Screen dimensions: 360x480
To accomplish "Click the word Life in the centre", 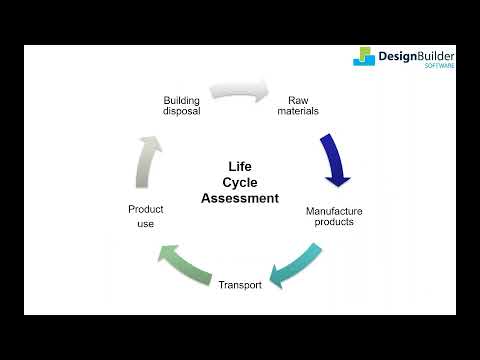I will (240, 166).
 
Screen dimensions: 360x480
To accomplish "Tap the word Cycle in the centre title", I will (240, 182).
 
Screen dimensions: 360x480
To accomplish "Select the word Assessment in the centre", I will (240, 198).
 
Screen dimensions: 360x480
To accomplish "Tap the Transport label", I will (240, 285).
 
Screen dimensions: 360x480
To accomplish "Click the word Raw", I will (297, 100).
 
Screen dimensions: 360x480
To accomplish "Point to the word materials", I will (297, 111).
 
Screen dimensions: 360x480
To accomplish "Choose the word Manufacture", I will (334, 211).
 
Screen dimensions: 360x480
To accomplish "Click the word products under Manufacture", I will (334, 222).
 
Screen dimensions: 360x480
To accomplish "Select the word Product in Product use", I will (146, 209).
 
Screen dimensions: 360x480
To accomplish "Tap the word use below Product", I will (146, 224).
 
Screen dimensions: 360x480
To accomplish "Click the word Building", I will (182, 100).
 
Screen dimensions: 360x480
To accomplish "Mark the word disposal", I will (182, 111).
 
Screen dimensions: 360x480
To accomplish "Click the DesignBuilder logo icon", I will (364, 57).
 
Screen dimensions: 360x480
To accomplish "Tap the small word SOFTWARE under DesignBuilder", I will (440, 67).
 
